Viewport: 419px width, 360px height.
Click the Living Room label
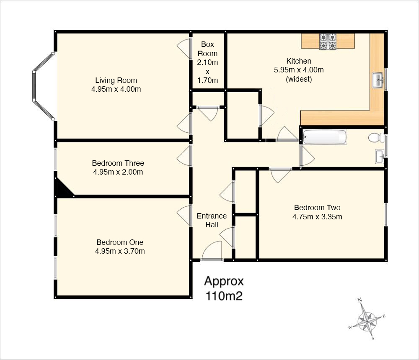(x=116, y=80)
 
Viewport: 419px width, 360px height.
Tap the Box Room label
(x=207, y=49)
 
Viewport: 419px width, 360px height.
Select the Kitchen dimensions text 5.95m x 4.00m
(x=299, y=70)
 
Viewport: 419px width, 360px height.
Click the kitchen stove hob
(x=328, y=42)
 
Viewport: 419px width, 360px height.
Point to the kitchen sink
(x=378, y=80)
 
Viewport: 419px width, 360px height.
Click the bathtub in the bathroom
(x=325, y=137)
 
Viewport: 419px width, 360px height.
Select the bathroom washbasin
(x=380, y=157)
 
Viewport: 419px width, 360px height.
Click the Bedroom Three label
(x=118, y=163)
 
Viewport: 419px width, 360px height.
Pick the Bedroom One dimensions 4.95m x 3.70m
(x=120, y=251)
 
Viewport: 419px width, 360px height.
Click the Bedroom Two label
(x=317, y=208)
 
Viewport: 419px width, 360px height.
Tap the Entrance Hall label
(x=212, y=220)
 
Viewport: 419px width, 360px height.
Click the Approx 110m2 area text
(x=224, y=288)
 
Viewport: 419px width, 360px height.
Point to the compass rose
(x=367, y=319)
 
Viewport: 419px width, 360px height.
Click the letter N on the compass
(x=360, y=300)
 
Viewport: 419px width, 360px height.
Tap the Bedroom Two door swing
(x=280, y=175)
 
